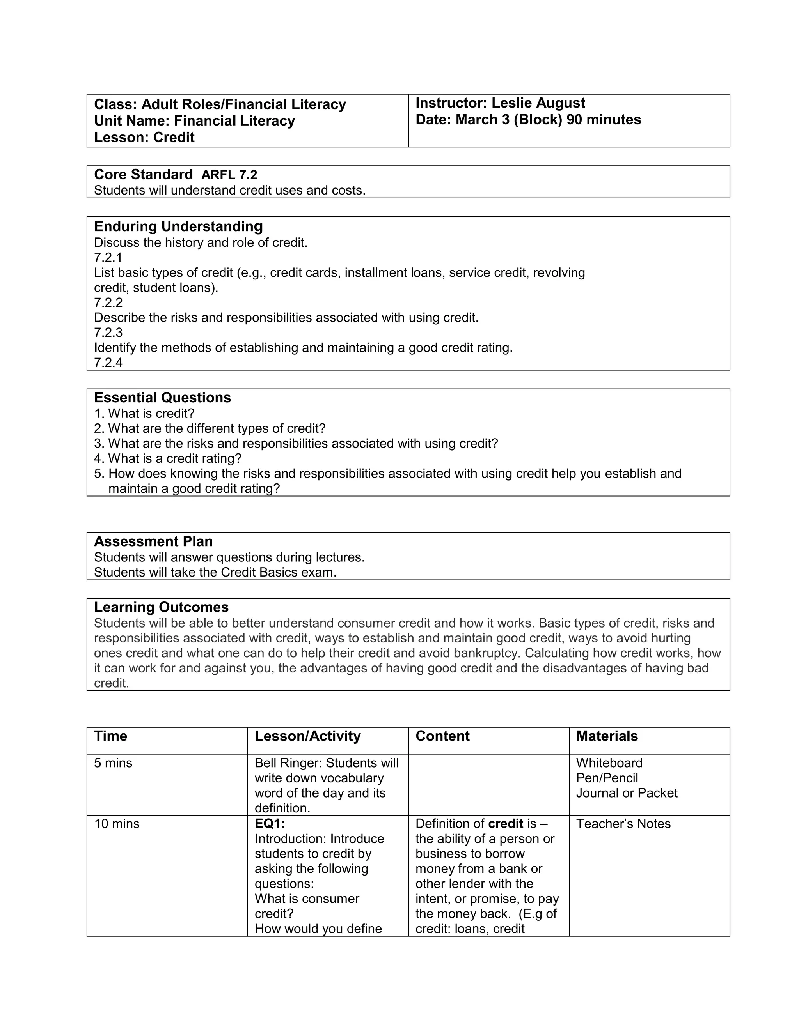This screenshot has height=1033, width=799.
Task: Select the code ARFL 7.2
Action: point(229,175)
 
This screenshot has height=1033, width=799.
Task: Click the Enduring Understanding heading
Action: point(178,226)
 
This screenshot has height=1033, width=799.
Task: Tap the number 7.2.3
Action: point(108,333)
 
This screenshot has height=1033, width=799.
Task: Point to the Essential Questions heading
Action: point(162,398)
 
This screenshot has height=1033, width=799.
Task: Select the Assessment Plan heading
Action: point(153,541)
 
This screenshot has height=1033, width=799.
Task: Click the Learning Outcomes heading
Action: point(161,607)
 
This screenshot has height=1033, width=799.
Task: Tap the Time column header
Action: point(111,736)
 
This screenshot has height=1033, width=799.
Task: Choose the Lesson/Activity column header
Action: point(308,736)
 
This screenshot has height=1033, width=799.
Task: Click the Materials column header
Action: point(607,736)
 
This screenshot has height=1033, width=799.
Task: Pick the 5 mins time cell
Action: point(113,763)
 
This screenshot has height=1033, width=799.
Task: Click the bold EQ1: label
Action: point(269,824)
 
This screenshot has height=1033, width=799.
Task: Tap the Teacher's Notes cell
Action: point(623,824)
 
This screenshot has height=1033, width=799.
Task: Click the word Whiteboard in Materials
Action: point(609,763)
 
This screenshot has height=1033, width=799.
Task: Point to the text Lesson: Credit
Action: point(144,138)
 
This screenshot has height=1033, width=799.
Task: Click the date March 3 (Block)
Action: point(508,120)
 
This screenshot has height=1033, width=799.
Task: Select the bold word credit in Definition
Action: point(505,824)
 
